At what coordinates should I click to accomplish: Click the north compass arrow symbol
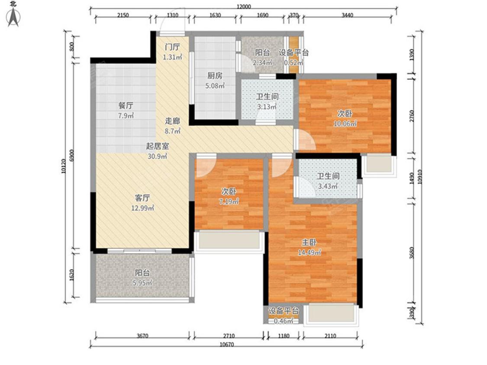pyautogui.click(x=13, y=17)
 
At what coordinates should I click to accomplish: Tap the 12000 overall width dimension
pyautogui.click(x=243, y=7)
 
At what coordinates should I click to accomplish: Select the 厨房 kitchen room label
pyautogui.click(x=215, y=75)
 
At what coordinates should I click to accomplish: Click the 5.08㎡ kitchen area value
pyautogui.click(x=215, y=86)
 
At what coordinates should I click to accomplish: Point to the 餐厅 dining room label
pyautogui.click(x=126, y=106)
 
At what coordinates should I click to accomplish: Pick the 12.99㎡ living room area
pyautogui.click(x=142, y=208)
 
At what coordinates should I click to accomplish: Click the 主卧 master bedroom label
pyautogui.click(x=310, y=242)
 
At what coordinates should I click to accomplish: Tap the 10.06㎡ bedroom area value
pyautogui.click(x=345, y=124)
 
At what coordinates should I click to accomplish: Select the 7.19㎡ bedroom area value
pyautogui.click(x=229, y=202)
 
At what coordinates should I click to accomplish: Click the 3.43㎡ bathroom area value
pyautogui.click(x=328, y=186)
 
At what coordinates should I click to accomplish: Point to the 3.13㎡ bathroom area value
pyautogui.click(x=267, y=107)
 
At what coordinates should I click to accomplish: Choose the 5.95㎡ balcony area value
pyautogui.click(x=142, y=283)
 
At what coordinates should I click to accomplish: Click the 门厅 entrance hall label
pyautogui.click(x=172, y=47)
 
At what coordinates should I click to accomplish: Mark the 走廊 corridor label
pyautogui.click(x=172, y=121)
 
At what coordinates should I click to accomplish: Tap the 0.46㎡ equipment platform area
pyautogui.click(x=283, y=321)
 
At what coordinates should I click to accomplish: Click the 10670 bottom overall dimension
pyautogui.click(x=227, y=345)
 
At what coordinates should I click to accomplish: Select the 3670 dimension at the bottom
pyautogui.click(x=142, y=336)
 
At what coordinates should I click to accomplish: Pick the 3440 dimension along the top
pyautogui.click(x=347, y=15)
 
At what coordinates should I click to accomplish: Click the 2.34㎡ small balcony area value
pyautogui.click(x=262, y=63)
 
